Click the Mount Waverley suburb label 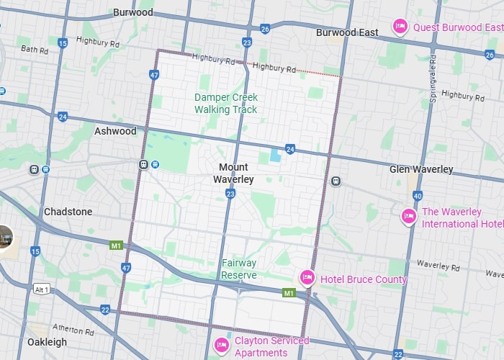233,173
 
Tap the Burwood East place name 347,32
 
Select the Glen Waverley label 421,169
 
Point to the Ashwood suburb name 115,131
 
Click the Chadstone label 68,212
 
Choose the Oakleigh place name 47,342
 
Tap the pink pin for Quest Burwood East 400,27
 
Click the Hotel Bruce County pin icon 307,278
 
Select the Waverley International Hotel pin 409,216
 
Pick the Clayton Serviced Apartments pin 222,346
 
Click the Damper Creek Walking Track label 225,103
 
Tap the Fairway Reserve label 239,269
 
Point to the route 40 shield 418,195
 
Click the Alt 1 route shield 42,289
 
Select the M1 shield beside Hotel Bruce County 289,293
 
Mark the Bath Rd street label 34,50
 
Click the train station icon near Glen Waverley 336,181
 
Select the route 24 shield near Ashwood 63,116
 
